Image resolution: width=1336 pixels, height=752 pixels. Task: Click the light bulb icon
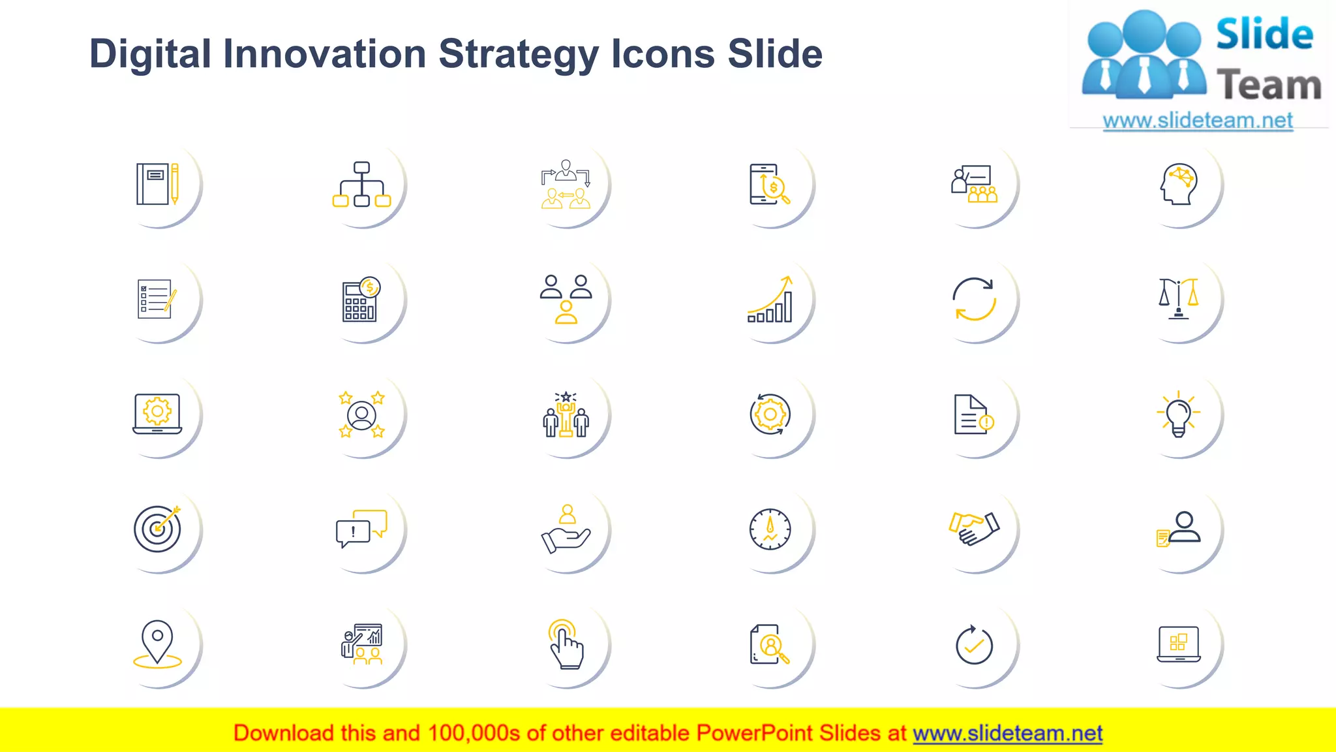click(1178, 415)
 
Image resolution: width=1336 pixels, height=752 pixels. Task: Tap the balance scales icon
click(1178, 299)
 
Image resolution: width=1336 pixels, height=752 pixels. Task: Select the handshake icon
click(974, 528)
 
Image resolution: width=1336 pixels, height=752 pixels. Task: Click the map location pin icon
click(157, 644)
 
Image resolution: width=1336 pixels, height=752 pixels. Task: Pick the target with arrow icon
click(157, 528)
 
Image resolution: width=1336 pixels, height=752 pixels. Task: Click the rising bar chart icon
click(770, 299)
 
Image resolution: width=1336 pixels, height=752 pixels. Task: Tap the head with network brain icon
click(1178, 185)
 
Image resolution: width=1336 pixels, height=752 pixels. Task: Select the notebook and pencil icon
click(157, 184)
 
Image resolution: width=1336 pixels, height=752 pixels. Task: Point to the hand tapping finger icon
click(566, 644)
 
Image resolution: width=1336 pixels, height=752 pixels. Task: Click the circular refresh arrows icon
click(974, 299)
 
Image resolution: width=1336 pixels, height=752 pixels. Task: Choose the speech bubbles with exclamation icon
click(361, 528)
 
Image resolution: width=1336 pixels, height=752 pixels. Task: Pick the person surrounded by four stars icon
click(361, 415)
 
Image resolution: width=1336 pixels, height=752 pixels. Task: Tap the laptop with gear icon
click(157, 414)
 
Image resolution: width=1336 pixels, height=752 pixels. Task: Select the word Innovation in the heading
click(324, 54)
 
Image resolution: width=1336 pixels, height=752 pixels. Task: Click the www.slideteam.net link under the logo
click(1197, 120)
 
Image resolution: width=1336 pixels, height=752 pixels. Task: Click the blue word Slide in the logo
click(1264, 34)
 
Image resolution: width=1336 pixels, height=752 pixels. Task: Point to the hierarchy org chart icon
click(361, 184)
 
